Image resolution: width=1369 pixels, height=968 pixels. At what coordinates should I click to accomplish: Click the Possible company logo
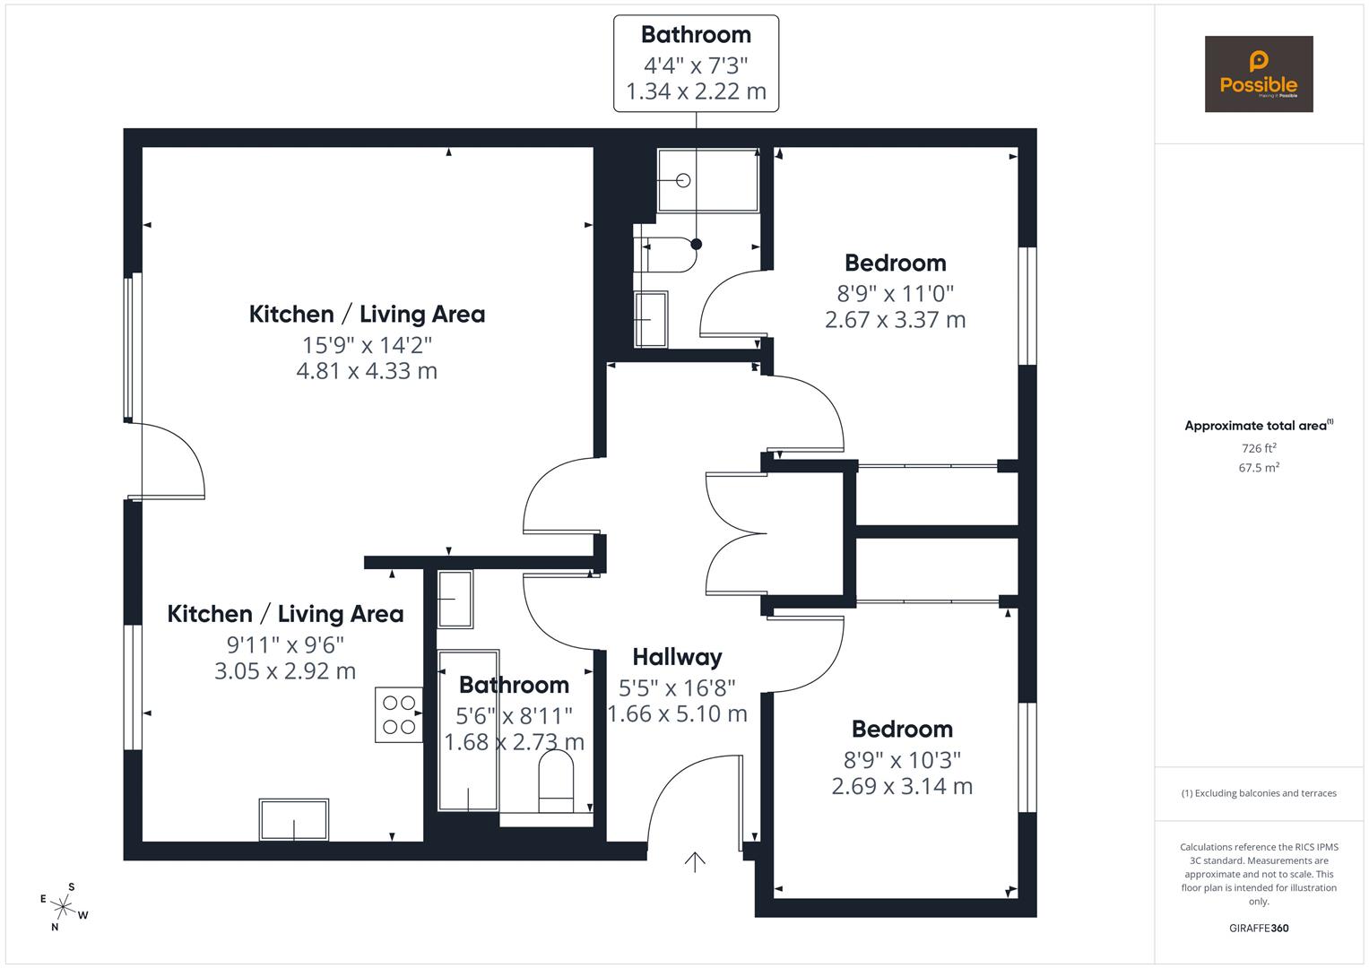coord(1258,73)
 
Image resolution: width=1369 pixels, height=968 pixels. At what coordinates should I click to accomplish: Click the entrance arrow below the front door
coord(695,861)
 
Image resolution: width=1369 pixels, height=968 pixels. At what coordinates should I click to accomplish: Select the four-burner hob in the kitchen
coord(399,714)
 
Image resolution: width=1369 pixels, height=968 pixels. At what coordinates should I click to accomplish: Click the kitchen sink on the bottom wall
coord(293,819)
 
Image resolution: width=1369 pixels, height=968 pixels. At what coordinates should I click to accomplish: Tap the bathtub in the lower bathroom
coord(468,730)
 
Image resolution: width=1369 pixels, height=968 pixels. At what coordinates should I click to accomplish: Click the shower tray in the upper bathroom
coord(707,180)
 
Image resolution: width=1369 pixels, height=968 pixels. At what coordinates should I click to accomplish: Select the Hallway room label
coord(677,657)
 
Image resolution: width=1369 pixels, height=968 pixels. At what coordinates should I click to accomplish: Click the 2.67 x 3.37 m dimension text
coord(895,320)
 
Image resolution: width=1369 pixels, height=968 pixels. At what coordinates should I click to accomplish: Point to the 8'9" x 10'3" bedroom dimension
coord(902,760)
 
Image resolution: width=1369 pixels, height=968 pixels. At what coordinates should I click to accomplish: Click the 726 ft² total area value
coord(1259,448)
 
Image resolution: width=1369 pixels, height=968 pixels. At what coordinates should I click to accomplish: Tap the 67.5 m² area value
coord(1259,467)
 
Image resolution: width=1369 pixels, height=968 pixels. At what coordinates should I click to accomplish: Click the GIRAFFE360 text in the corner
coord(1259,929)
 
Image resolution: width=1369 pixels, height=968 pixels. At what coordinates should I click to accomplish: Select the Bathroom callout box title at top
coord(696,35)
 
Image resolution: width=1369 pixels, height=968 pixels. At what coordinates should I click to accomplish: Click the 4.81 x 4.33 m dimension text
coord(367,371)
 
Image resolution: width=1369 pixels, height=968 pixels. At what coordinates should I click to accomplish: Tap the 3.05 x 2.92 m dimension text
coord(285,670)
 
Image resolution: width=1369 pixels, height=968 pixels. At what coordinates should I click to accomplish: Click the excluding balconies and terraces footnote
coord(1259,793)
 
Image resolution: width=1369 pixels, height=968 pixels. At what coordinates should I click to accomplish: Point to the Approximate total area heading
coord(1257,426)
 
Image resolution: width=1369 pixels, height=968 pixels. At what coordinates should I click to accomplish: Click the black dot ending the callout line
coord(696,244)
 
